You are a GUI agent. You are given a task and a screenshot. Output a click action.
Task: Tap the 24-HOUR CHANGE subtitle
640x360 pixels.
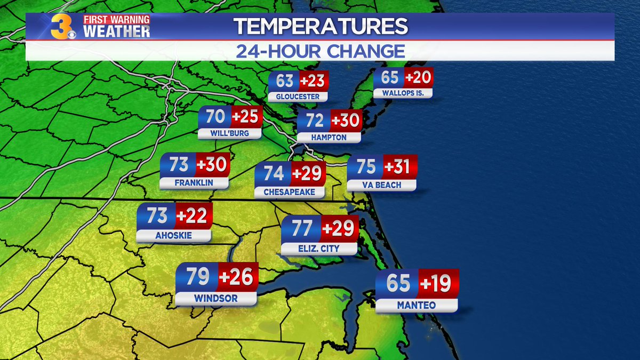click(320, 51)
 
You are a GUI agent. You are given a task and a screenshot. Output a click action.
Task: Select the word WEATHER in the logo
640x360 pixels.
click(116, 31)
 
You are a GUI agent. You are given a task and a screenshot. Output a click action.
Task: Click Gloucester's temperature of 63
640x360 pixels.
click(284, 81)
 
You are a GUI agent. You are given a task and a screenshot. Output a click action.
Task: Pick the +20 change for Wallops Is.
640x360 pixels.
click(418, 78)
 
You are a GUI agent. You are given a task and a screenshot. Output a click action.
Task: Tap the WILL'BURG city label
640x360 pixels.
click(230, 133)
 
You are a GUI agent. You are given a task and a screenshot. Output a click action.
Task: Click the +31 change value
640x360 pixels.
click(399, 167)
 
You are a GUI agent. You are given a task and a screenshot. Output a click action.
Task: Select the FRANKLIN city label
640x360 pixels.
click(194, 183)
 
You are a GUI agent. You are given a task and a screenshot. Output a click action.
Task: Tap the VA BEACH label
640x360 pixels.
click(381, 185)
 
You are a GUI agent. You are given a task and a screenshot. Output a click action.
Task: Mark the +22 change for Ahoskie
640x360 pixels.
click(194, 216)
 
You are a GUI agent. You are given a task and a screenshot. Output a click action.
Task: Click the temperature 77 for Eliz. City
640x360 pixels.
click(301, 228)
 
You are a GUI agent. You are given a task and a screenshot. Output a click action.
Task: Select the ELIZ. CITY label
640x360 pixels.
click(319, 249)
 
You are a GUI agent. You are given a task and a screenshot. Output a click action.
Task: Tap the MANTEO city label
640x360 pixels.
click(417, 306)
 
